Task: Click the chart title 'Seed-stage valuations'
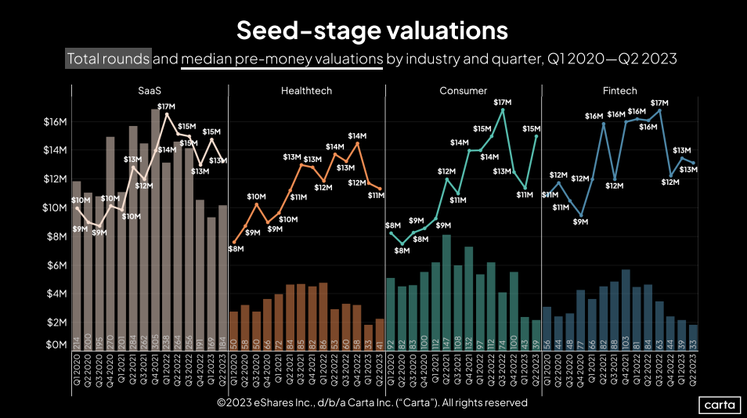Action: click(x=373, y=31)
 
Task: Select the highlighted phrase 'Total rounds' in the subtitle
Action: click(x=108, y=59)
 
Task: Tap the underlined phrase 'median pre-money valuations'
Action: click(x=282, y=59)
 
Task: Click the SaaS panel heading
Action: click(x=150, y=91)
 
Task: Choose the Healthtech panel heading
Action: click(x=306, y=91)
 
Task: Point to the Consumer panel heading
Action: click(x=463, y=91)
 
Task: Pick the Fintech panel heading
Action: click(x=620, y=91)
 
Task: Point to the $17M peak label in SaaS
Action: click(x=166, y=106)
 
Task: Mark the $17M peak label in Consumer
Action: click(x=502, y=102)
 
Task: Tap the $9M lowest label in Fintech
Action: click(x=580, y=222)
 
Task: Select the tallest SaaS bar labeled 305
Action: click(x=155, y=227)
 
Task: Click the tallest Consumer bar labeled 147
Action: click(x=446, y=290)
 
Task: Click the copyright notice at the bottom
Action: click(x=373, y=403)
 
